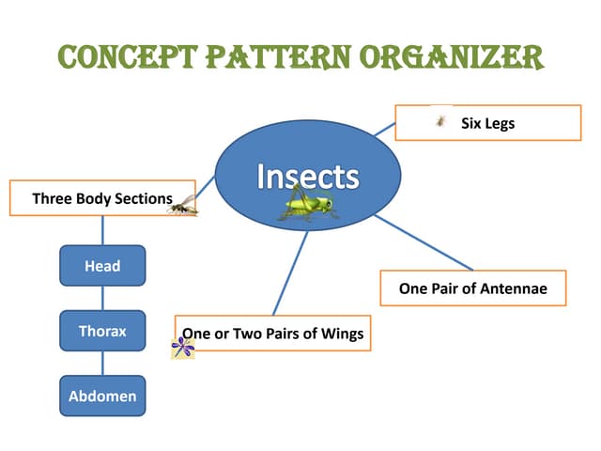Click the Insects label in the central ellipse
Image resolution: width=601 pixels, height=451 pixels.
pos(308,176)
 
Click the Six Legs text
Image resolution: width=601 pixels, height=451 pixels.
pos(487,123)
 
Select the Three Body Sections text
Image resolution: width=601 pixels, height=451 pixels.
pos(101,198)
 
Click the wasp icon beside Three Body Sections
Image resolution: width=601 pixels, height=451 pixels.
pos(184,206)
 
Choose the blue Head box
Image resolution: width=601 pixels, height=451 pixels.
pos(102,266)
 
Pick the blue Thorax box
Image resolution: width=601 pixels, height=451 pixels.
pos(102,331)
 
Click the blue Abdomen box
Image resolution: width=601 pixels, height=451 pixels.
pos(102,396)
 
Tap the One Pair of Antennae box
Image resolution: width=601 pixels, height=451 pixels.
pos(473,288)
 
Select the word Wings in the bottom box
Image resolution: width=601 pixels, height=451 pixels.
pos(340,334)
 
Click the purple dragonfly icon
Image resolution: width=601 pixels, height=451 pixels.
pos(183,349)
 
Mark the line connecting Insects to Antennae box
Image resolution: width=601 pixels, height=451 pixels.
pos(423,242)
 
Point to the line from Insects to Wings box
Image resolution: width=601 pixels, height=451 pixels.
pos(290,272)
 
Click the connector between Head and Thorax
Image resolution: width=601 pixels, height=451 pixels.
pos(102,298)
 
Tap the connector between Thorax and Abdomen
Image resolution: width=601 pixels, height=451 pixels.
pos(102,364)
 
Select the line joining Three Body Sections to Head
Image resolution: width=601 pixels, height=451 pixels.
pos(102,231)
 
